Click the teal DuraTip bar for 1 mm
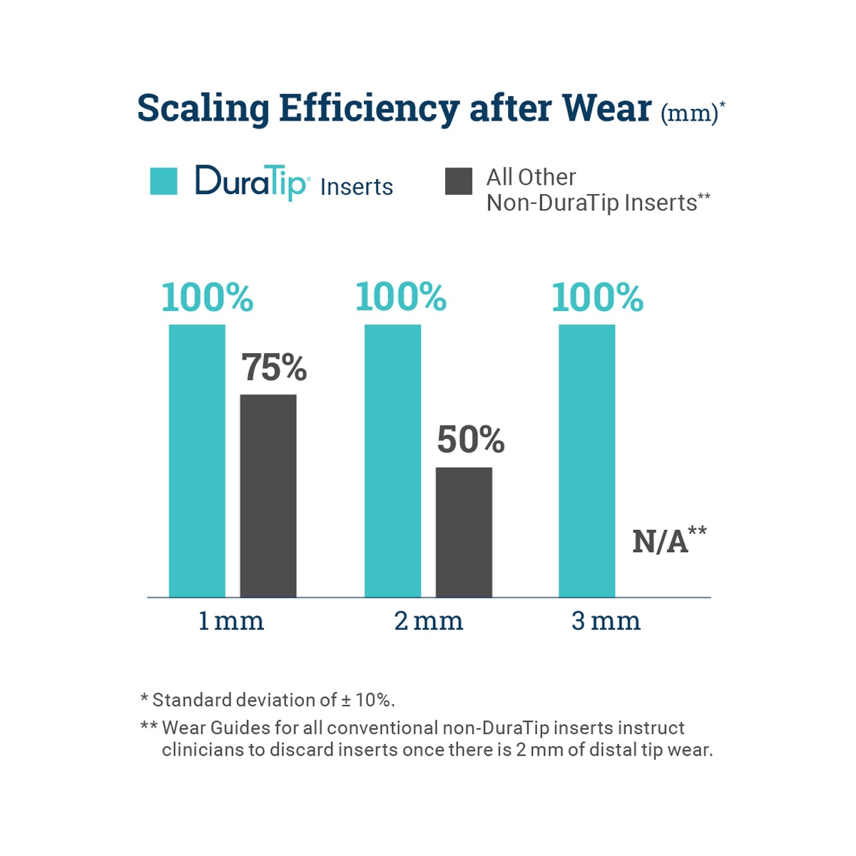pos(197,460)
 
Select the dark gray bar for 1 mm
pos(268,495)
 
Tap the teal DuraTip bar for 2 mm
pos(392,460)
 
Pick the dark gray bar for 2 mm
pos(464,531)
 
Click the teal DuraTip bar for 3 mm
pos(586,460)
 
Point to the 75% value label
pos(274,368)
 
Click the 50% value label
pos(470,440)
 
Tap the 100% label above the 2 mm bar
pos(401,297)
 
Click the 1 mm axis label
pos(231,621)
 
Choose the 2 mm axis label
pos(428,621)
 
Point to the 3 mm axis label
pos(606,621)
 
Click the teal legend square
pos(163,181)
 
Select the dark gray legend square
pos(458,181)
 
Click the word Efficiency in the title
pos(369,108)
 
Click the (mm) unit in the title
pos(689,114)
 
